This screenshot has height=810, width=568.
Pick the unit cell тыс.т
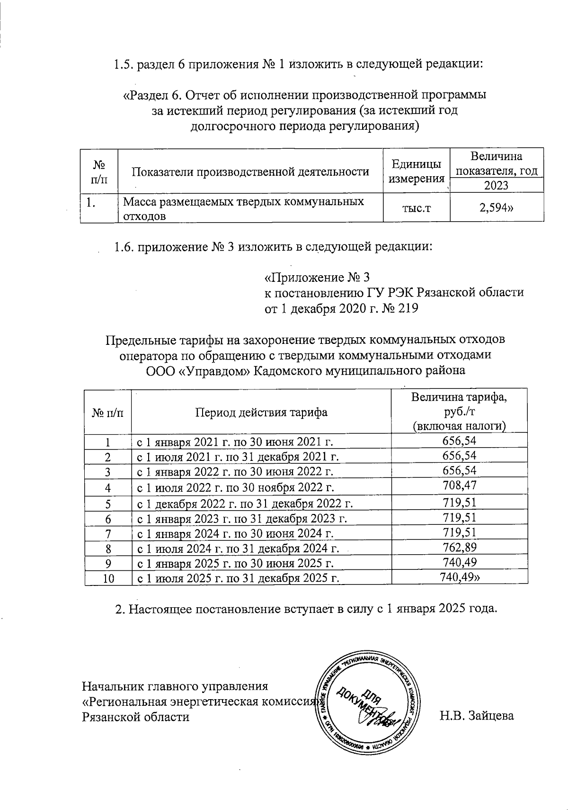tap(416, 209)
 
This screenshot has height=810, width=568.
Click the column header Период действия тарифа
tap(261, 412)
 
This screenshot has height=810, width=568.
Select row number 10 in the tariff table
tap(108, 578)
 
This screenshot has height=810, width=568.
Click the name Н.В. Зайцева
tap(477, 716)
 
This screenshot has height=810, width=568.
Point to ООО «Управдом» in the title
tap(196, 370)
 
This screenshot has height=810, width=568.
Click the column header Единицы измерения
tap(416, 171)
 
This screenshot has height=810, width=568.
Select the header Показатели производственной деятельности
tap(249, 171)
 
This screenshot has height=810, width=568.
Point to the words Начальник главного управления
tap(175, 686)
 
